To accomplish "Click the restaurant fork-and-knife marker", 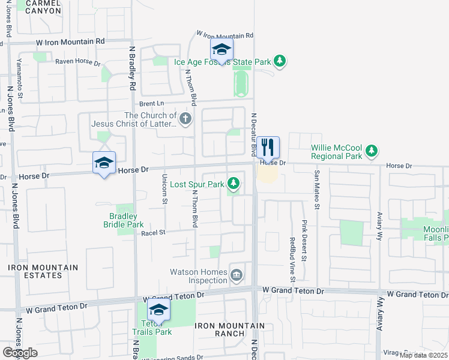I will click(x=268, y=147).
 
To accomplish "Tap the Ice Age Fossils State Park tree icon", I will click(x=279, y=61).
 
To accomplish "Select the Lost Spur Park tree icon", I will click(x=234, y=184).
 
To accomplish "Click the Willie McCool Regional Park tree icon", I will click(x=372, y=151).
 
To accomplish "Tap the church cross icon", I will click(x=185, y=119).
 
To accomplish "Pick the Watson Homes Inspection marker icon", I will click(x=237, y=275).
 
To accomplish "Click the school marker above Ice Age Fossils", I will click(x=221, y=50).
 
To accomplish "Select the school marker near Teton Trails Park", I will click(x=159, y=310).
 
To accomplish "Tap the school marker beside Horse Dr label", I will click(x=104, y=163).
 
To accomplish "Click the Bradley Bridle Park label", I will click(x=124, y=220).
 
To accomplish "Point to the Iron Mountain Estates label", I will click(x=43, y=271).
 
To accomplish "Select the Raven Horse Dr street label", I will click(x=77, y=61).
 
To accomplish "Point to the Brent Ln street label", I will click(x=152, y=103).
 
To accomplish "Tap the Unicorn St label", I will click(x=164, y=190).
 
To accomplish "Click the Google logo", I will click(x=19, y=353).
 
